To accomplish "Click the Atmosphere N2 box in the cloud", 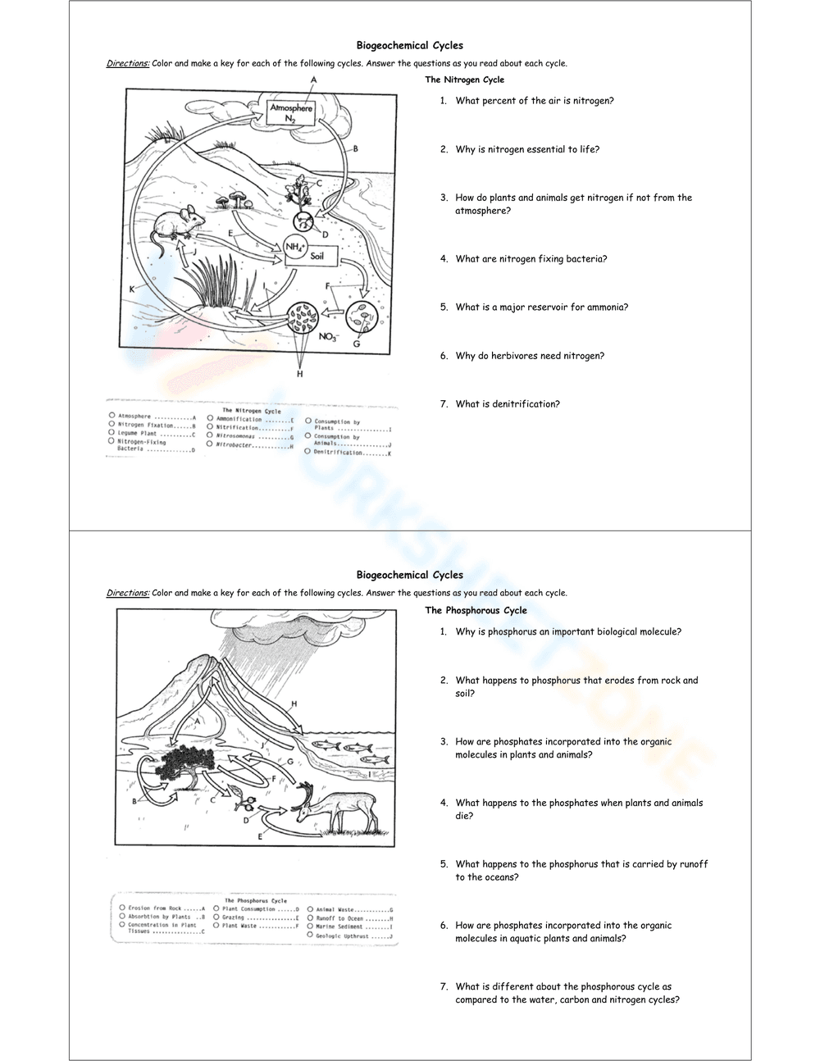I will pos(291,113).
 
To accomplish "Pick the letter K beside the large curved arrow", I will pos(132,289).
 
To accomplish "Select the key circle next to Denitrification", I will pos(307,451).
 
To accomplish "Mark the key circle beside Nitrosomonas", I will pos(211,435).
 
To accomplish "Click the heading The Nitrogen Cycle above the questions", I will pos(464,80).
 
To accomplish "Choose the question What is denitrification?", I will pos(508,403).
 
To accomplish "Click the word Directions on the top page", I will pos(127,63).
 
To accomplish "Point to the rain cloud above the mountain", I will pos(271,627).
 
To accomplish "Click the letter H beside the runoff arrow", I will pos(294,704).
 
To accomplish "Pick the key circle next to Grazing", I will pos(216,918).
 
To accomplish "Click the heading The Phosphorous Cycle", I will pos(476,610).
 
